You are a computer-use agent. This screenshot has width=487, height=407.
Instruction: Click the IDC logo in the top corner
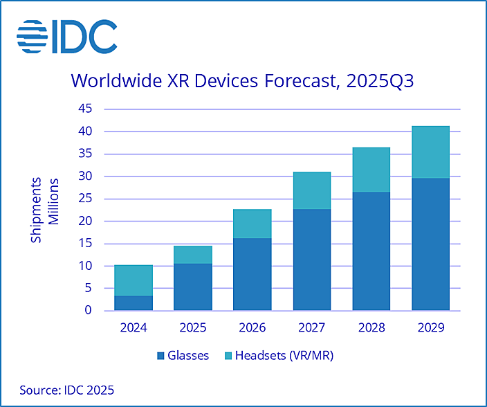(67, 37)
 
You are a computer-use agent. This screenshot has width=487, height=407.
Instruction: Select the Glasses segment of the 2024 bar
(134, 303)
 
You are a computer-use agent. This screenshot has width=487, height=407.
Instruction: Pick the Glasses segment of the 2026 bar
(252, 274)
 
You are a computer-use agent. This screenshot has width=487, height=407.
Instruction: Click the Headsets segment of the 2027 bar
(312, 190)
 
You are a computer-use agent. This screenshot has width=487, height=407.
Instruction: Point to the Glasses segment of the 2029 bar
(431, 244)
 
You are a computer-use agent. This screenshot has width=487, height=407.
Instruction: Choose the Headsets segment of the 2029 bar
(431, 152)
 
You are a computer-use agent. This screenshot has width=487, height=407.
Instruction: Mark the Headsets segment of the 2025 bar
(193, 255)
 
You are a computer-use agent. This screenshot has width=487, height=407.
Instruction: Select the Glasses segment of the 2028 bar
(371, 251)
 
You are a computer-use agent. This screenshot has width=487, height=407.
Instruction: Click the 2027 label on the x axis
(312, 326)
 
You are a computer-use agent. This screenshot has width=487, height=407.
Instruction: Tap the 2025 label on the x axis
(193, 326)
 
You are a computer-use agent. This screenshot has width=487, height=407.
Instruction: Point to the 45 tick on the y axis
(84, 109)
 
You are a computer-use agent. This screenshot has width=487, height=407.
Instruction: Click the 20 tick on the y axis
(84, 221)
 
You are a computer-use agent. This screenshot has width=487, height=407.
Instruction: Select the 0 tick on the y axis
(88, 311)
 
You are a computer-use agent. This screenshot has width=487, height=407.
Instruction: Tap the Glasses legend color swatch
(160, 356)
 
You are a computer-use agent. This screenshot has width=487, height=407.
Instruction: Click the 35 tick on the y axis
(84, 154)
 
